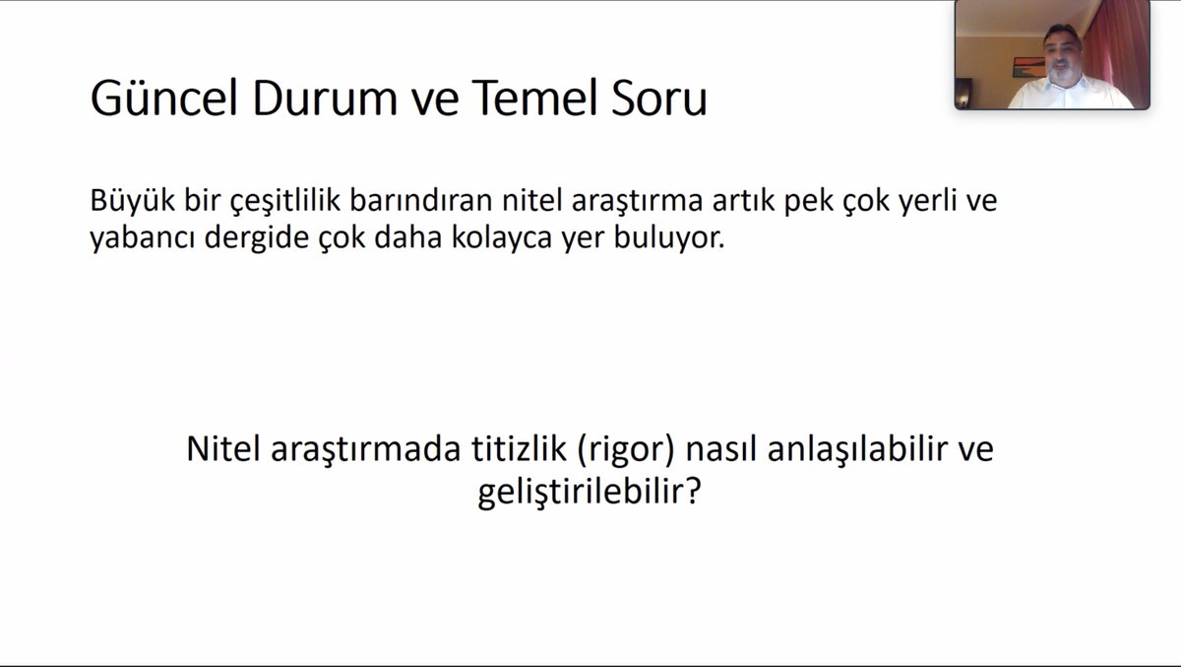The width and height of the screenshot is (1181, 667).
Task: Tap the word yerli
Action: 914,202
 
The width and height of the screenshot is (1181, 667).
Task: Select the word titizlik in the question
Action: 515,450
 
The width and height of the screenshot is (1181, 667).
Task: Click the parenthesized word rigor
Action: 625,451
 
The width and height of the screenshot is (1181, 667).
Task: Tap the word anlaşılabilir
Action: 841,451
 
